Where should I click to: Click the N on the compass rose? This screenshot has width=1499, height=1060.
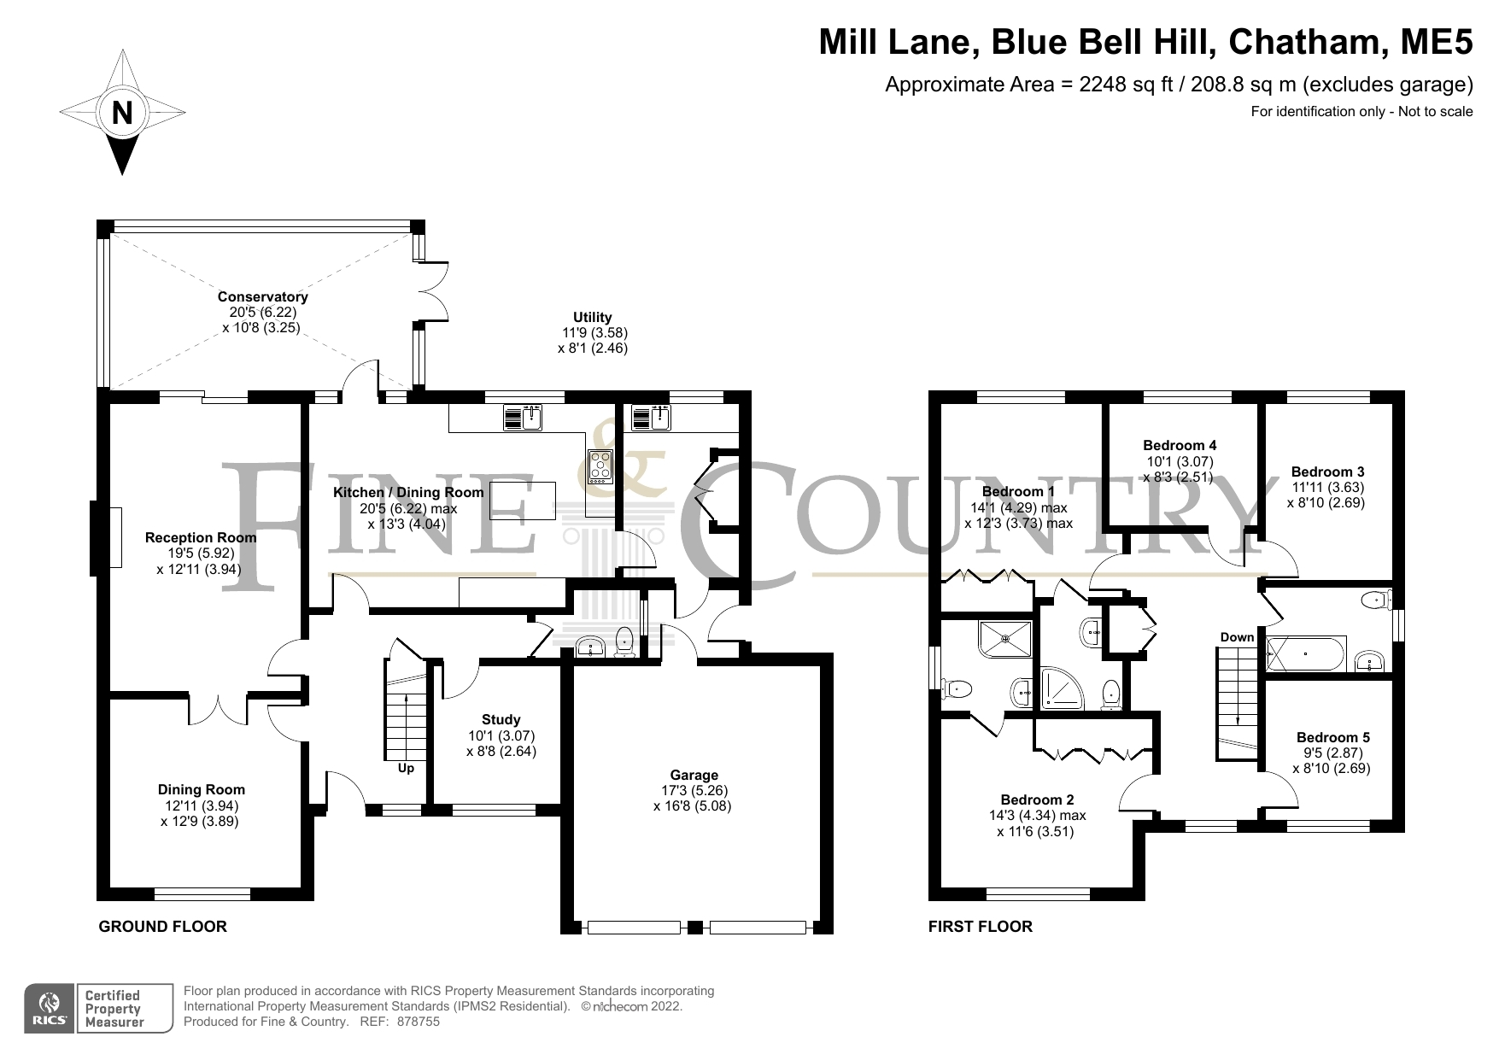[x=122, y=113]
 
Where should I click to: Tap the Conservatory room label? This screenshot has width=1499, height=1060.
[x=262, y=297]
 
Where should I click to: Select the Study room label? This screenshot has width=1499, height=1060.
[x=501, y=720]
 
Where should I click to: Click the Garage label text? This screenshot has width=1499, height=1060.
[x=693, y=776]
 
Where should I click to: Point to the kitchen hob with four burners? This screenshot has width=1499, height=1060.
[x=600, y=466]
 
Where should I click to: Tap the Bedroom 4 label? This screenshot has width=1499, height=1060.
[x=1180, y=445]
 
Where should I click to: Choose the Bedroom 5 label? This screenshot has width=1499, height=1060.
[x=1332, y=737]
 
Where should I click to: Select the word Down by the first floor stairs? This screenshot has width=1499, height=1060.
[x=1237, y=637]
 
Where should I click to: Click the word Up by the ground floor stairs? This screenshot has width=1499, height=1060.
[x=406, y=769]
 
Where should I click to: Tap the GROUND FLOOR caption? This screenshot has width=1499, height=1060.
[x=163, y=927]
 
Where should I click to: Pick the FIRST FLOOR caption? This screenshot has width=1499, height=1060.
[x=981, y=927]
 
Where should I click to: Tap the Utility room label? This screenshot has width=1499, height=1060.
[x=592, y=317]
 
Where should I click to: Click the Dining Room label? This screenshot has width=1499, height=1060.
[x=201, y=790]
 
